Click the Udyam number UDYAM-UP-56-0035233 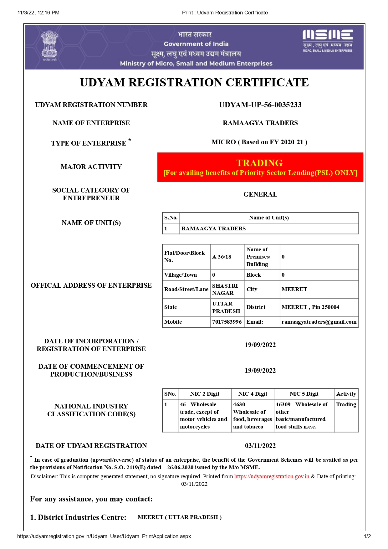point(260,105)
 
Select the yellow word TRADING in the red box point(259,163)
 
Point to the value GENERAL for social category point(260,194)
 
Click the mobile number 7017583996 point(227,322)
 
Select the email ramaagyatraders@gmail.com point(319,322)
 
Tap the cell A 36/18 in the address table point(222,257)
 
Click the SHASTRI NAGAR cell point(225,289)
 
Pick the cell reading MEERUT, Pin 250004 point(310,307)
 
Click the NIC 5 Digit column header point(304,394)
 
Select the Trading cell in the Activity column point(346,404)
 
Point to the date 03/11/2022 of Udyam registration point(260,446)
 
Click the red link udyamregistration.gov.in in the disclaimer point(272,476)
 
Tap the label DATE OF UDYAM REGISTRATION point(91,446)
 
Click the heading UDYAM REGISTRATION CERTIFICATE point(194,83)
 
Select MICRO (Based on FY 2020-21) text point(259,142)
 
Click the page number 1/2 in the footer point(367,536)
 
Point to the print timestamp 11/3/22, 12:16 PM point(38,13)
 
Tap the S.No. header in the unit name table point(171,218)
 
